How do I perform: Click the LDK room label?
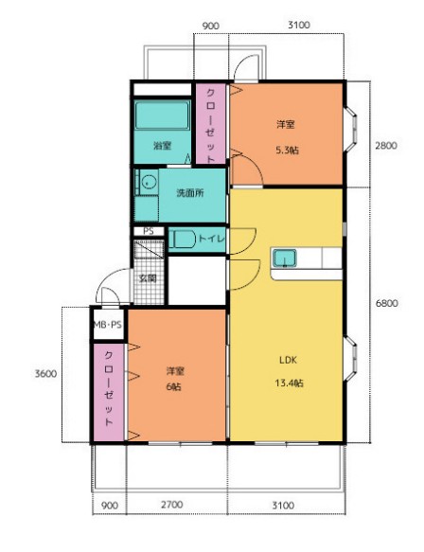(x=288, y=360)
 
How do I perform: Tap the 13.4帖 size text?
(x=289, y=383)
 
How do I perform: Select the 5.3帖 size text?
(x=287, y=151)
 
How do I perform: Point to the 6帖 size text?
(x=174, y=386)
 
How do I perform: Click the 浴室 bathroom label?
(x=163, y=146)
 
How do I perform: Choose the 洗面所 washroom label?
(x=190, y=193)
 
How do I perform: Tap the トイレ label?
(x=211, y=239)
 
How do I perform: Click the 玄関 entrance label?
(x=148, y=278)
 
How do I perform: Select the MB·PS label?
(x=108, y=325)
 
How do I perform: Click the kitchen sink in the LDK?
(x=284, y=258)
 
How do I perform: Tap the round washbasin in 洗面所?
(x=149, y=182)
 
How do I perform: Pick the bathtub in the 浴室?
(x=162, y=116)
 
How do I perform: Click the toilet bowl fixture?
(x=183, y=240)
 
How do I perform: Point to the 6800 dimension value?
(x=387, y=303)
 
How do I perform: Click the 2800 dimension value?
(x=386, y=146)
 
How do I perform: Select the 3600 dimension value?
(x=45, y=373)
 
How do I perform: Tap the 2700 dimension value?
(x=172, y=505)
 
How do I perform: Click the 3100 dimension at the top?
(x=299, y=25)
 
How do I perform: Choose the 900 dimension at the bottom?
(x=110, y=506)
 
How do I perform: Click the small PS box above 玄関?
(x=149, y=231)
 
